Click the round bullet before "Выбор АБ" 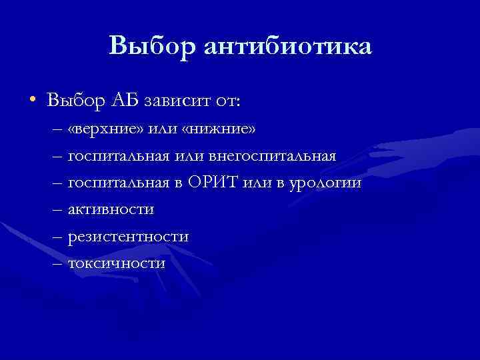tap(32, 100)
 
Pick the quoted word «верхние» tap(101, 128)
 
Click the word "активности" tap(111, 210)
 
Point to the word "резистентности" tap(127, 237)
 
